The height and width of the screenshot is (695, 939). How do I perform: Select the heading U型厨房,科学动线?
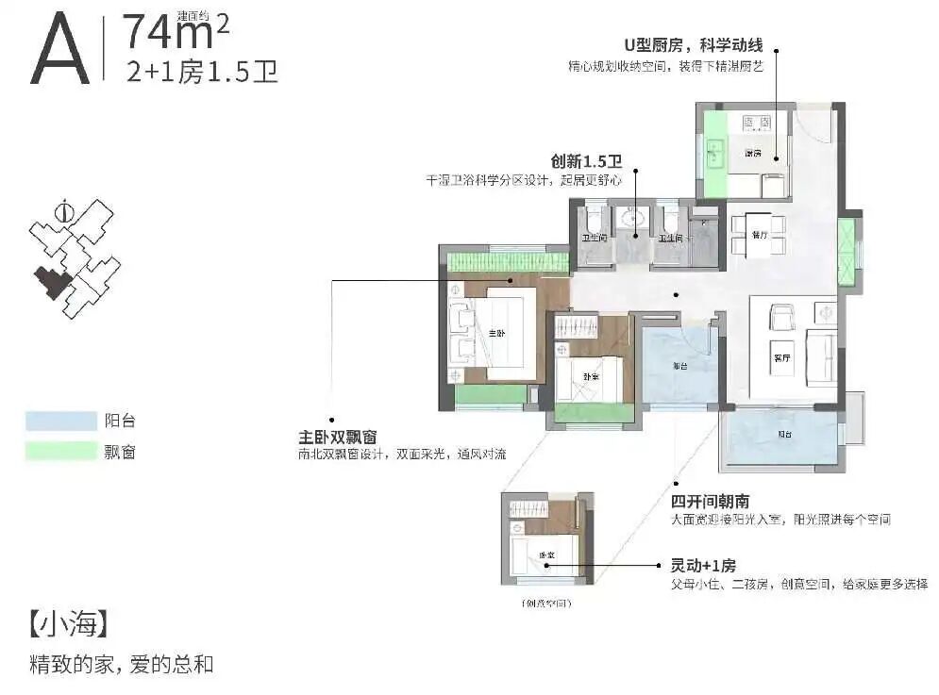tap(693, 46)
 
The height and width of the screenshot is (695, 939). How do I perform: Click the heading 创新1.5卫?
tap(585, 161)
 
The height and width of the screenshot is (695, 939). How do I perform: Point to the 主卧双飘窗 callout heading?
tap(338, 438)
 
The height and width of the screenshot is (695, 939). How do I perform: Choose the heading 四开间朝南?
tap(711, 502)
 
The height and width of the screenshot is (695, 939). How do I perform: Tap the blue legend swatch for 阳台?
tap(61, 421)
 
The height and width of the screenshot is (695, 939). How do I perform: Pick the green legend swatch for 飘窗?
tap(61, 452)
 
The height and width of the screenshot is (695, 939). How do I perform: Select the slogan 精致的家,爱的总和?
tap(122, 664)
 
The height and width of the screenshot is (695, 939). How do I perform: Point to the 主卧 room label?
tap(496, 333)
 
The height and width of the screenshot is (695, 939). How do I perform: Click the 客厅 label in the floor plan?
tap(780, 358)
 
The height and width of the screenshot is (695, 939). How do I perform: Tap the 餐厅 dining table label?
tap(756, 233)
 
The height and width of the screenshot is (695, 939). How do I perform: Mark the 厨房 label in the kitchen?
tap(752, 153)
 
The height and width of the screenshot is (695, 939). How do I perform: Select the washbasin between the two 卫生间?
tap(629, 223)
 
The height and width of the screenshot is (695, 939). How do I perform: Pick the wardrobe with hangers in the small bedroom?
tap(576, 328)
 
